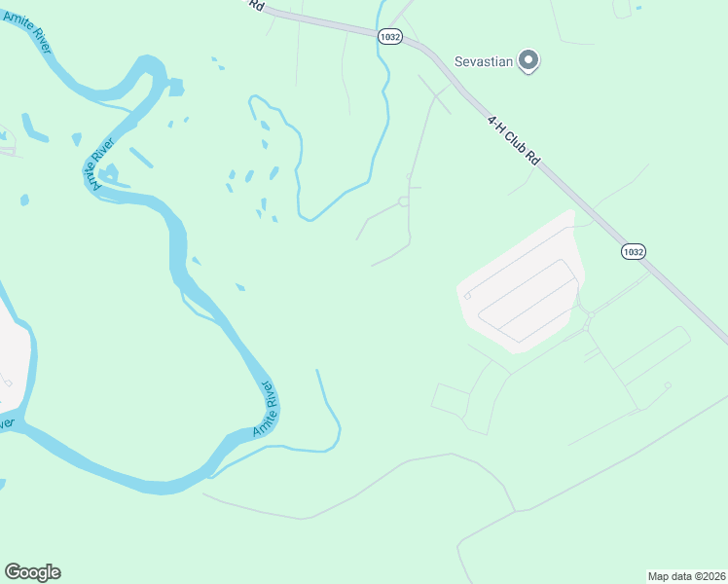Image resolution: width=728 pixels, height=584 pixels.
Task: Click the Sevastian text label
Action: coord(485,61)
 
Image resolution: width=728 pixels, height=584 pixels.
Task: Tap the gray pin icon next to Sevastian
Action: coord(528,61)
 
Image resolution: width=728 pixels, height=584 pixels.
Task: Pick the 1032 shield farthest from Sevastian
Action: coord(633,251)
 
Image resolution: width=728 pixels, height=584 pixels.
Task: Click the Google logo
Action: coord(32,572)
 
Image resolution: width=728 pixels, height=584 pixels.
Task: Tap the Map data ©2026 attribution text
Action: coord(686,575)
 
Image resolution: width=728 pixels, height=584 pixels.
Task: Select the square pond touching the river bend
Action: coord(176,88)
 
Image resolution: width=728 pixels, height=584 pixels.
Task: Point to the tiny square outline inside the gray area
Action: coord(468,295)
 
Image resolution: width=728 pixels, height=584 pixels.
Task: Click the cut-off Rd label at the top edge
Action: coord(256,5)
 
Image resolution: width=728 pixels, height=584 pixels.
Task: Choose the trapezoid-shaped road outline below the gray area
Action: coord(450,399)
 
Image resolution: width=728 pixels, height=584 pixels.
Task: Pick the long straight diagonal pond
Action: coord(140,157)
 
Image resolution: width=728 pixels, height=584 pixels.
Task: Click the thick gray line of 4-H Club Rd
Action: coord(584,204)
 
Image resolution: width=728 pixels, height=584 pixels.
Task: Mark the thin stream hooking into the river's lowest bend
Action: coord(329,409)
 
